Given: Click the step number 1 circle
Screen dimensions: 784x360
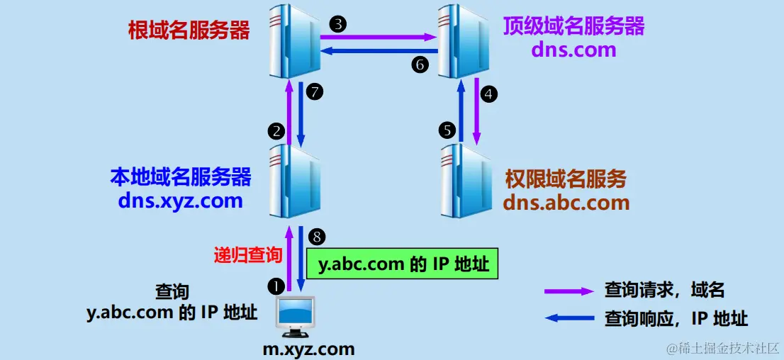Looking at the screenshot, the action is click(275, 286).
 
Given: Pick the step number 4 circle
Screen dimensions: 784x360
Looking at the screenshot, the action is click(488, 93).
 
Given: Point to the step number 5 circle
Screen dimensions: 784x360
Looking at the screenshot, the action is click(447, 130).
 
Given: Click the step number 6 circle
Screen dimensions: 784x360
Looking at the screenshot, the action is click(420, 64).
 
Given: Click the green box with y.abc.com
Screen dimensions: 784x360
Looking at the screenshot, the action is click(403, 264).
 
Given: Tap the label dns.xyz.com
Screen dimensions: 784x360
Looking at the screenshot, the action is click(181, 201).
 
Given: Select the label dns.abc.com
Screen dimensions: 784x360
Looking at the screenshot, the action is click(566, 203).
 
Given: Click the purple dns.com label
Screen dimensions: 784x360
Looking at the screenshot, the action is click(573, 50).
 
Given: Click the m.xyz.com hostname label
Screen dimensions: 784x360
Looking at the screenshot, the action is click(308, 349).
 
